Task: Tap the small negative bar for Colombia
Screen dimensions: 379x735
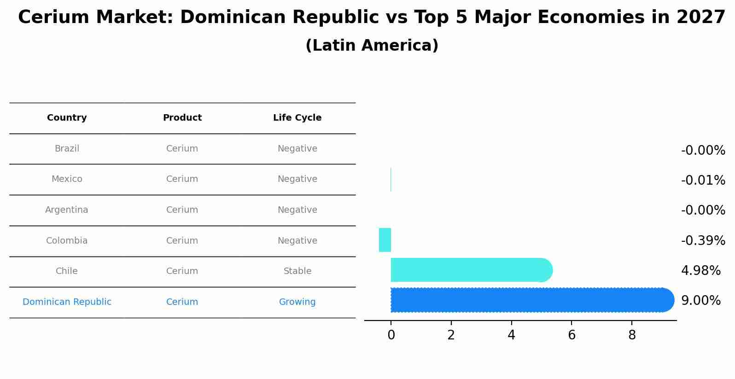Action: pos(385,240)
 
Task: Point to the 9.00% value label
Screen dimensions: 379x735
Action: pos(700,301)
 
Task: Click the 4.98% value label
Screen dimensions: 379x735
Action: pos(700,271)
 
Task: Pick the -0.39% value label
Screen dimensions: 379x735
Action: pos(703,240)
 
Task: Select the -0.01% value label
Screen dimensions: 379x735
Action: pos(703,180)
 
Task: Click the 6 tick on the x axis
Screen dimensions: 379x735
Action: pos(572,335)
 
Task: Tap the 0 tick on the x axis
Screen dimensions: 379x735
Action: pos(391,335)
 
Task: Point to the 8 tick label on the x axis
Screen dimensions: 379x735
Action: pos(632,335)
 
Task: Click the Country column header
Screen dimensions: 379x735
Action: pos(67,118)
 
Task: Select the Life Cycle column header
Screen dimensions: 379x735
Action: pos(297,118)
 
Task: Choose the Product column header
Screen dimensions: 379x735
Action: pos(182,118)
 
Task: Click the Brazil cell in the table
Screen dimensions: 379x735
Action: pos(67,149)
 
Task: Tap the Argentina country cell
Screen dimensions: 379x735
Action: pos(67,210)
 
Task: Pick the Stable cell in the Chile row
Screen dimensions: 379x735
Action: pos(297,271)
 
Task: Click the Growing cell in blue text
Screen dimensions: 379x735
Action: pos(297,302)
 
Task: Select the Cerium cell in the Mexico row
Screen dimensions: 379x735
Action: pos(182,179)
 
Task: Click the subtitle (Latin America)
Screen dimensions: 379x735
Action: pos(372,46)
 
